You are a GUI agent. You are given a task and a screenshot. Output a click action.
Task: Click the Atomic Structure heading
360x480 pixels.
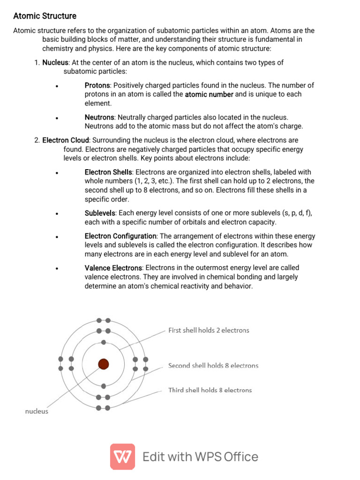click(45, 16)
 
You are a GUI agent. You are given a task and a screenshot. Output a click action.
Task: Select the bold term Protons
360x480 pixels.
click(97, 85)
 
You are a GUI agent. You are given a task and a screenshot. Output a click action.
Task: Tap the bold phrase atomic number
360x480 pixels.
click(209, 94)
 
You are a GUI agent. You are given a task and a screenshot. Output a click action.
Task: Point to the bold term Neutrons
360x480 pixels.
click(99, 117)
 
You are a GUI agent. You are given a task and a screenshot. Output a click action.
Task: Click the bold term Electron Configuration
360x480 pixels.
click(120, 236)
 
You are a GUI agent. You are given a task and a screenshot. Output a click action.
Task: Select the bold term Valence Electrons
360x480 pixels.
click(113, 268)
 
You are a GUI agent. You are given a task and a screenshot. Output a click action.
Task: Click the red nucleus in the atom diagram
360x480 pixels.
click(103, 364)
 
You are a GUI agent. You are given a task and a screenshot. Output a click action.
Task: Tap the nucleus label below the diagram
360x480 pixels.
click(37, 411)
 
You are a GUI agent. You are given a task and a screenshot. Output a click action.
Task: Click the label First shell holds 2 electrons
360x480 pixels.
click(209, 330)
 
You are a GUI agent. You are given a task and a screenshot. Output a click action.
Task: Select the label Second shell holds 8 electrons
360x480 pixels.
click(213, 366)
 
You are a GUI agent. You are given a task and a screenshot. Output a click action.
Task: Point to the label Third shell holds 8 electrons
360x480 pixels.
click(210, 390)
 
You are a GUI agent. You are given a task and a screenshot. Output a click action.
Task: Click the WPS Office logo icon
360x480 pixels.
click(122, 457)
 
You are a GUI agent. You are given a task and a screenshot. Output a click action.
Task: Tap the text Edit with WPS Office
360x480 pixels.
click(200, 457)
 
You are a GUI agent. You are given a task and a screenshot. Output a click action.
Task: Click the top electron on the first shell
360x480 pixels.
click(104, 342)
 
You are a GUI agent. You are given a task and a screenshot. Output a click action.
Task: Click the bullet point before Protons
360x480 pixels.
click(56, 86)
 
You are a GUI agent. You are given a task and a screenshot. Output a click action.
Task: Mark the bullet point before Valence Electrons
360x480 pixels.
click(56, 269)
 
